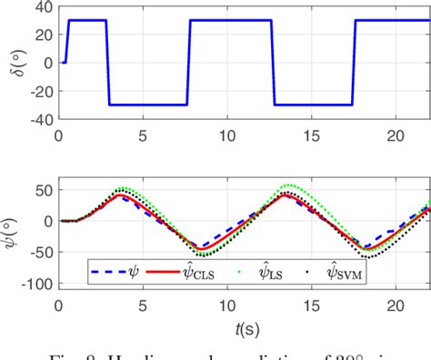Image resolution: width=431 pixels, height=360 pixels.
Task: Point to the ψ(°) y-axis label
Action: (x=12, y=221)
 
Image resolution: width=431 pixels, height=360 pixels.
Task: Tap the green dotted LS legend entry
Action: (x=281, y=268)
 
